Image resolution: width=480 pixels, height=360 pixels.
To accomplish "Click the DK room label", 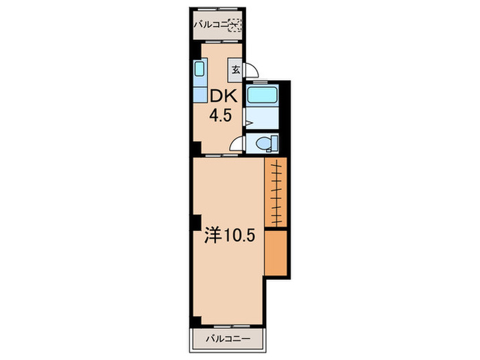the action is pos(224,97).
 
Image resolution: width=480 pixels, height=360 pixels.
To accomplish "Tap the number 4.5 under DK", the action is pos(220,116).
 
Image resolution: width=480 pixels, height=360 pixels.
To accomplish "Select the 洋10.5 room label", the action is pos(230,235).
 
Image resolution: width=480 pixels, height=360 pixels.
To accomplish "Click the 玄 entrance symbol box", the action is pos(236,70).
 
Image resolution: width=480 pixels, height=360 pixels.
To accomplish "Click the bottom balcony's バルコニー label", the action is pos(228,339).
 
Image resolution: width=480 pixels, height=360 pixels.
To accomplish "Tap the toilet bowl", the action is pos(263,143).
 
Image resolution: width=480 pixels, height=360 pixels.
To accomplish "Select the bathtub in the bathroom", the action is pos(263,95).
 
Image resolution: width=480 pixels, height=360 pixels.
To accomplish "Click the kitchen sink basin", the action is pos(200,69).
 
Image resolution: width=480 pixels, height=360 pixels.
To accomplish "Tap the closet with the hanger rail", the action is pos(276,192).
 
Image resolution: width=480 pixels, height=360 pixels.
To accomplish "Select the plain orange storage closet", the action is pos(276,253).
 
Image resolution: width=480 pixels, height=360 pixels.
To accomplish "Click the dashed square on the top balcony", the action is pos(235,25).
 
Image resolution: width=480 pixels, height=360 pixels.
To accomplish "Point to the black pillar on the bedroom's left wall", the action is pos(197,222).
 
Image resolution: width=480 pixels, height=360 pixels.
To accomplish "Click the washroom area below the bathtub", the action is pos(263,118).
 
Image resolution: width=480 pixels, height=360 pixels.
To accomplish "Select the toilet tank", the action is pos(274,143).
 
